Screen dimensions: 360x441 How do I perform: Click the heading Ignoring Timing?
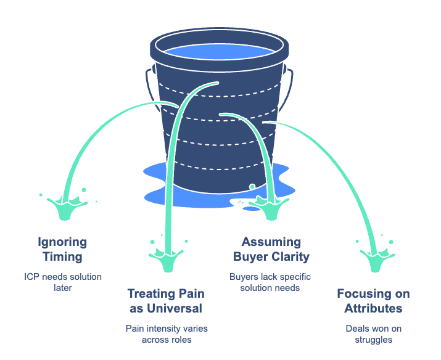[62, 248]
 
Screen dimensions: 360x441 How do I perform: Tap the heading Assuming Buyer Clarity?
[271, 248]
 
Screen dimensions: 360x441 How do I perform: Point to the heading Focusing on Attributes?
[373, 301]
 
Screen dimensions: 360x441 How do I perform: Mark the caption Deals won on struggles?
[373, 333]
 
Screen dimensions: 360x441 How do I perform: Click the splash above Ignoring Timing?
[64, 207]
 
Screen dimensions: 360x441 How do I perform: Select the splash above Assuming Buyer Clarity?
[270, 207]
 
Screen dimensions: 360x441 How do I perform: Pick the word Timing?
[62, 256]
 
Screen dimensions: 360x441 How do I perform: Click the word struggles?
[373, 338]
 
